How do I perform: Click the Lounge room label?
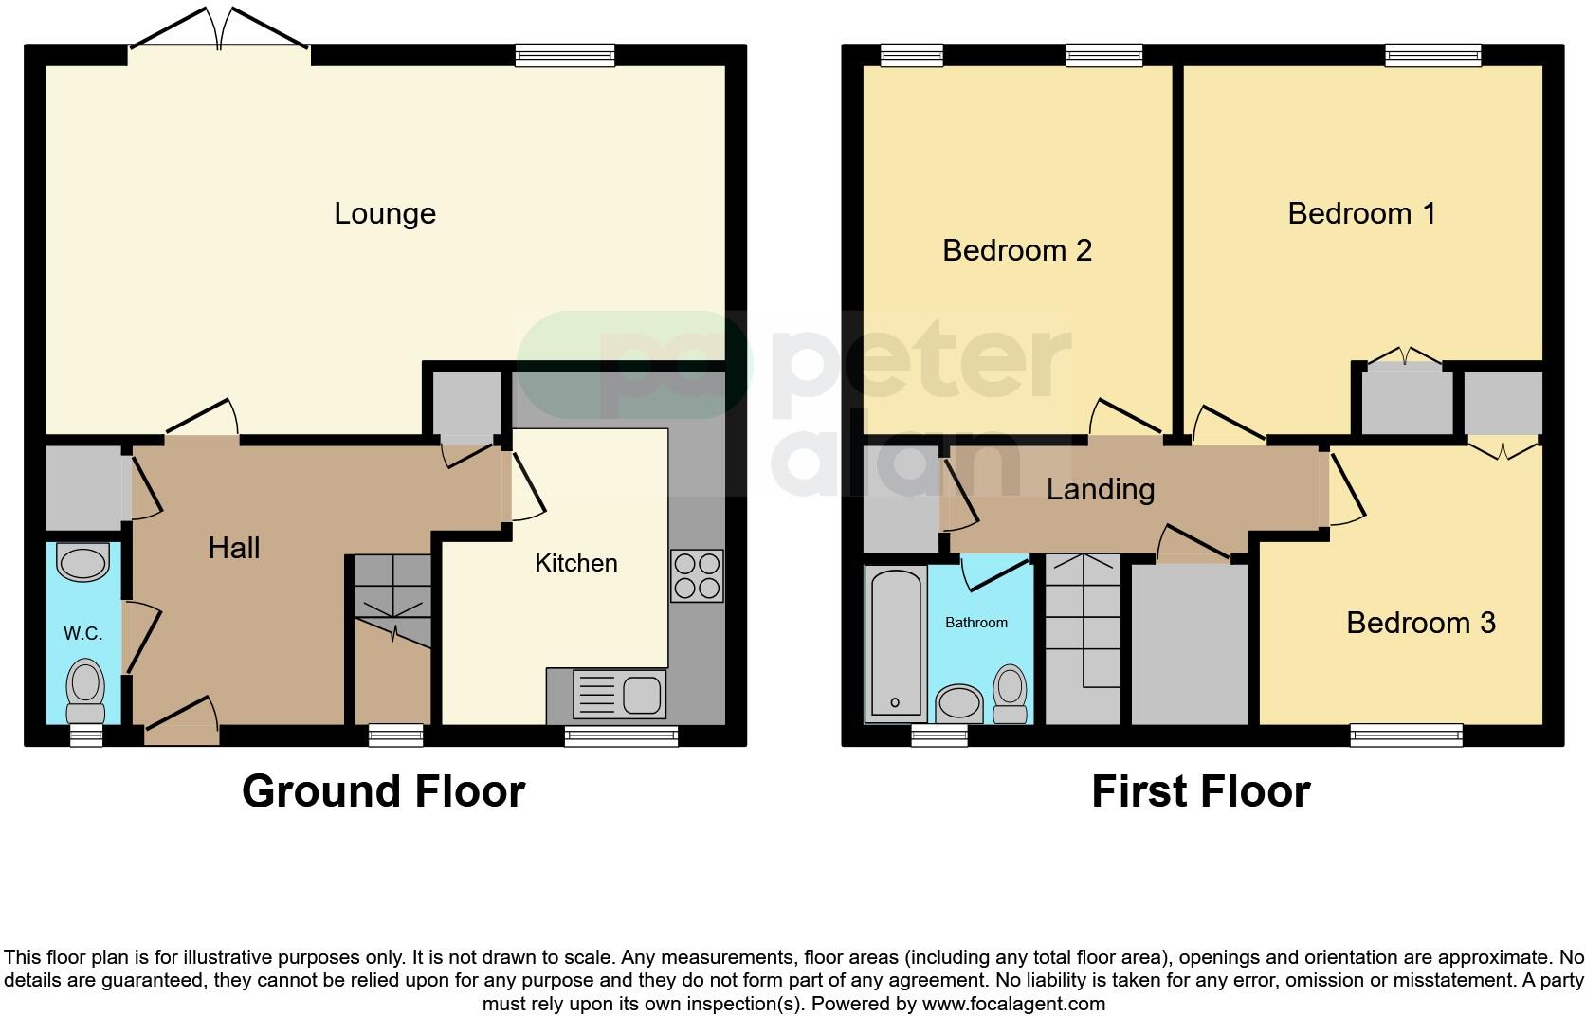point(385,213)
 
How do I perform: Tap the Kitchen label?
point(575,563)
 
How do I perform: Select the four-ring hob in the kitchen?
point(697,575)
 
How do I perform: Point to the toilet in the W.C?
point(85,692)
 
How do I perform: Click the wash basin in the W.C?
point(83,562)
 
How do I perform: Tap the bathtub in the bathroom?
point(895,644)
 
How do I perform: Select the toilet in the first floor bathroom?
point(1011,694)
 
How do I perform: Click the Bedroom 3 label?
point(1420,623)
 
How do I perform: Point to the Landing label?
point(1100,489)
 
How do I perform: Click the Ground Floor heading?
point(383,791)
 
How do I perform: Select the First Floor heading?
point(1200,791)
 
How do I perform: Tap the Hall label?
point(234,548)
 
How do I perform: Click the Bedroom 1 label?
point(1360,213)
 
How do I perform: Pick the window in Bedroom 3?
point(1406,735)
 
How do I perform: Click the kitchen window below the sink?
point(621,735)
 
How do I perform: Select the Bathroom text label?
point(975,623)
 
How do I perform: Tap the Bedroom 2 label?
point(1016,250)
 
